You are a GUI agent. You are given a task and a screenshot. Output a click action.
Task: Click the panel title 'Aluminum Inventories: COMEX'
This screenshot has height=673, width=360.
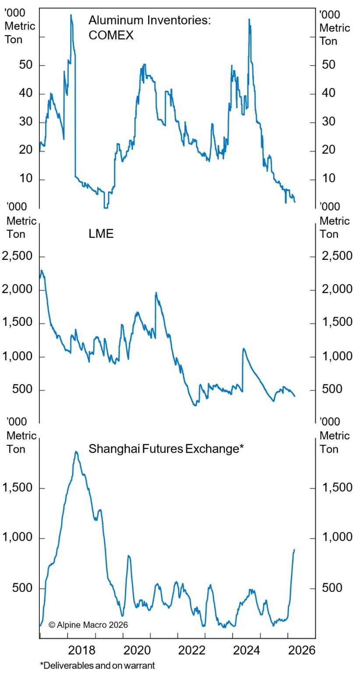click(149, 27)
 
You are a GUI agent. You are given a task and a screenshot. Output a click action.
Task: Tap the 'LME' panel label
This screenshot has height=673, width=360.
click(101, 234)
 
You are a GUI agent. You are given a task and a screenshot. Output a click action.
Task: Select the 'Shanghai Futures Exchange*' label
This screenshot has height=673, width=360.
click(166, 449)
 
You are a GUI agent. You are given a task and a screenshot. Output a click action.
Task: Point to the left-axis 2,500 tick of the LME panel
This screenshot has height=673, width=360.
click(18, 256)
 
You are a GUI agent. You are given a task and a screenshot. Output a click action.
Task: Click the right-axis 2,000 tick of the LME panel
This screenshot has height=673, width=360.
click(337, 290)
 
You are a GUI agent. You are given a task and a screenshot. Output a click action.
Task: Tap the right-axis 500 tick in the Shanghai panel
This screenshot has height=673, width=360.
click(332, 588)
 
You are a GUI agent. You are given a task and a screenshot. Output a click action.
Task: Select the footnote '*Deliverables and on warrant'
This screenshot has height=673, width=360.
click(97, 666)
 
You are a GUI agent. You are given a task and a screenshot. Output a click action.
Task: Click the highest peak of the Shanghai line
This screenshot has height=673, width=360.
click(76, 452)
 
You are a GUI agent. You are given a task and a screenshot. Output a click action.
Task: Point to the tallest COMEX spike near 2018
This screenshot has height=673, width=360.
click(71, 15)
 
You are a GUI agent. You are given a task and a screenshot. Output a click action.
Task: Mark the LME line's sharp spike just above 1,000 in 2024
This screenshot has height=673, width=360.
click(244, 349)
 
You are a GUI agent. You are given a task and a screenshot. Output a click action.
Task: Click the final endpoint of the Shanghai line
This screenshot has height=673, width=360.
click(294, 549)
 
